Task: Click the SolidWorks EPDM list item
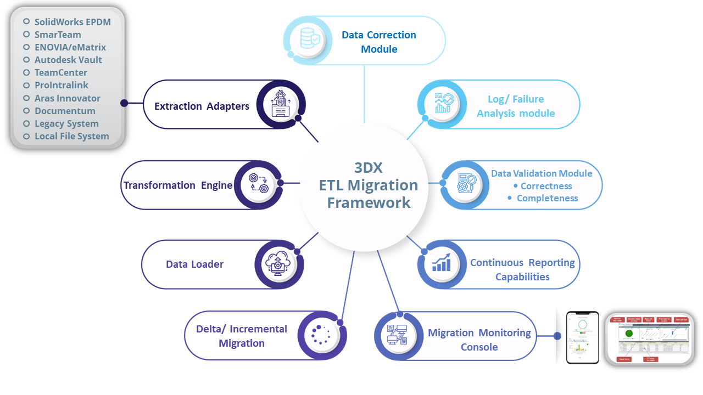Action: [72, 22]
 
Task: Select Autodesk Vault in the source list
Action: [68, 60]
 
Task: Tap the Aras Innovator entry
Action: [67, 98]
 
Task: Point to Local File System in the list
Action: [71, 136]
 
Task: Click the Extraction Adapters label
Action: [202, 106]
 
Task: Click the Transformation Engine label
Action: [178, 185]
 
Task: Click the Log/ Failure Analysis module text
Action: [516, 106]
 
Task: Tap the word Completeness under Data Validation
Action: [547, 198]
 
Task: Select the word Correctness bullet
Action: [546, 186]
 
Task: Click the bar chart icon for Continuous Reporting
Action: [442, 263]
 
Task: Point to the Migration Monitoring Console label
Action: [479, 340]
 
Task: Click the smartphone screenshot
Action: [582, 337]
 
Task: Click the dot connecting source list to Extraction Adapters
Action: [124, 103]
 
